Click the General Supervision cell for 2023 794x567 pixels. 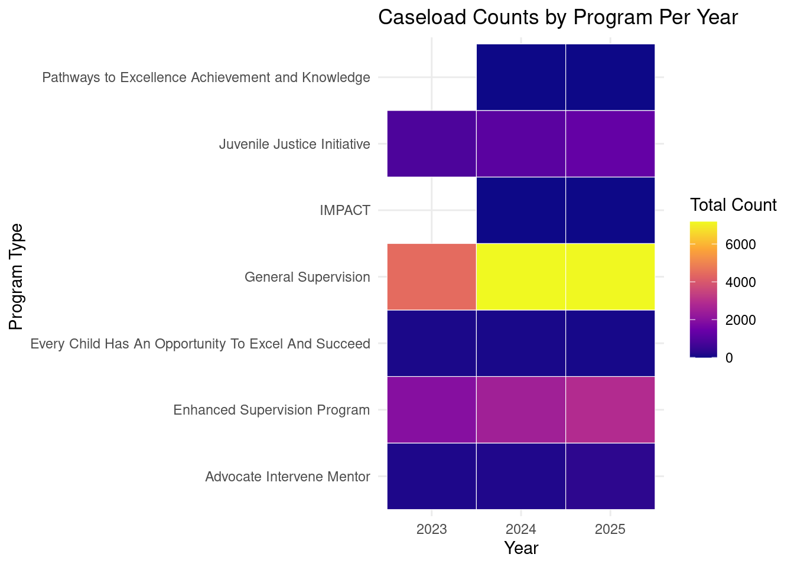click(x=432, y=277)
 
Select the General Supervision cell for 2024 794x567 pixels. click(x=521, y=277)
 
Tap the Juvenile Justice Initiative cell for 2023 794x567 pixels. click(x=432, y=144)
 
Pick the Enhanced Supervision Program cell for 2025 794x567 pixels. click(x=610, y=410)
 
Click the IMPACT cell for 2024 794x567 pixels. click(x=521, y=210)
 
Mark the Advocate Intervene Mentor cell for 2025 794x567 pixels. click(x=610, y=476)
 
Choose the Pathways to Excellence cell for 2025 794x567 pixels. click(x=610, y=77)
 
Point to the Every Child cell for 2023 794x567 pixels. click(x=432, y=343)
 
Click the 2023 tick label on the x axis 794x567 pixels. click(x=432, y=529)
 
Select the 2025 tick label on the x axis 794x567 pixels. click(x=610, y=529)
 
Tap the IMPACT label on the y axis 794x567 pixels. click(x=345, y=210)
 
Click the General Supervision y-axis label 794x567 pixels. click(x=307, y=277)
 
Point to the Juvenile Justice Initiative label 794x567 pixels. click(x=295, y=144)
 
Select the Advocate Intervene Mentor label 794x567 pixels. click(x=288, y=477)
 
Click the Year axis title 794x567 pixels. click(x=521, y=548)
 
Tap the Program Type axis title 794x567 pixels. click(x=15, y=277)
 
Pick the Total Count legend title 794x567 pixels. click(x=733, y=205)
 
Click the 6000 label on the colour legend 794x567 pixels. click(x=740, y=245)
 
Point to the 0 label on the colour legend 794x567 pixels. click(x=729, y=358)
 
